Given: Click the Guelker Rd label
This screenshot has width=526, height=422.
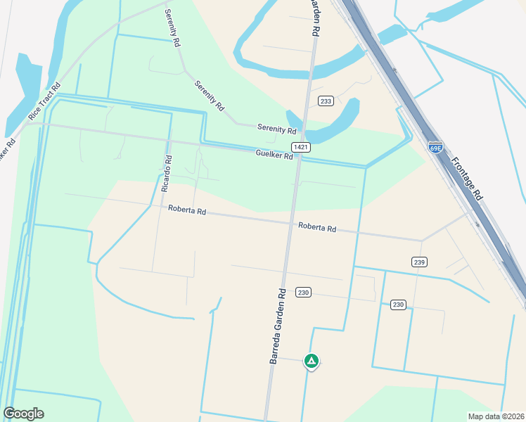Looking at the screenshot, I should (x=274, y=155).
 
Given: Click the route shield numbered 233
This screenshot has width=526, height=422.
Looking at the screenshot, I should (x=325, y=101).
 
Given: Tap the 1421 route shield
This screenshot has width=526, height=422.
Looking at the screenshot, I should (x=302, y=146).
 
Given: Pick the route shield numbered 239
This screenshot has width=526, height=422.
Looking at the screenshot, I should (x=419, y=262).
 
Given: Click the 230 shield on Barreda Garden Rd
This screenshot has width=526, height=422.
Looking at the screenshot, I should (x=303, y=292).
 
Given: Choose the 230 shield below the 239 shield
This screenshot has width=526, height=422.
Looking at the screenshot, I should (x=398, y=305).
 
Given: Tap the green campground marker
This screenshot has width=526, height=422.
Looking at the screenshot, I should (x=311, y=361).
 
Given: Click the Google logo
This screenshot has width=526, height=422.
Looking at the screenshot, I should (x=23, y=413).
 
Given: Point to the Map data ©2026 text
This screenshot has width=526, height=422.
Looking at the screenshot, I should (x=495, y=416).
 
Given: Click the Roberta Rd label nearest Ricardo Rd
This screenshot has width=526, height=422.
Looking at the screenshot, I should (x=186, y=210).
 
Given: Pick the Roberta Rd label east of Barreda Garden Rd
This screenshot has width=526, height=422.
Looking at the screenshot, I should (x=316, y=228).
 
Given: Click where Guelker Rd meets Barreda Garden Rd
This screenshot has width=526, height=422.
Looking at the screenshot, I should (x=298, y=158).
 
